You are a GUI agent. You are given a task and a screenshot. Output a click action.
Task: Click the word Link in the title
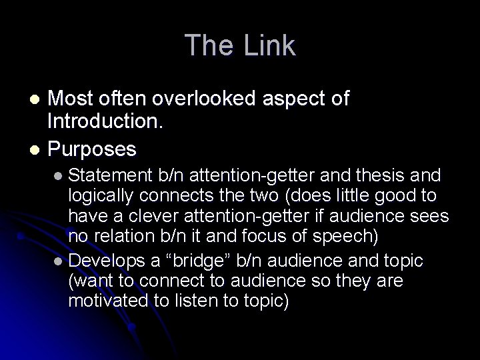[270, 45]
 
